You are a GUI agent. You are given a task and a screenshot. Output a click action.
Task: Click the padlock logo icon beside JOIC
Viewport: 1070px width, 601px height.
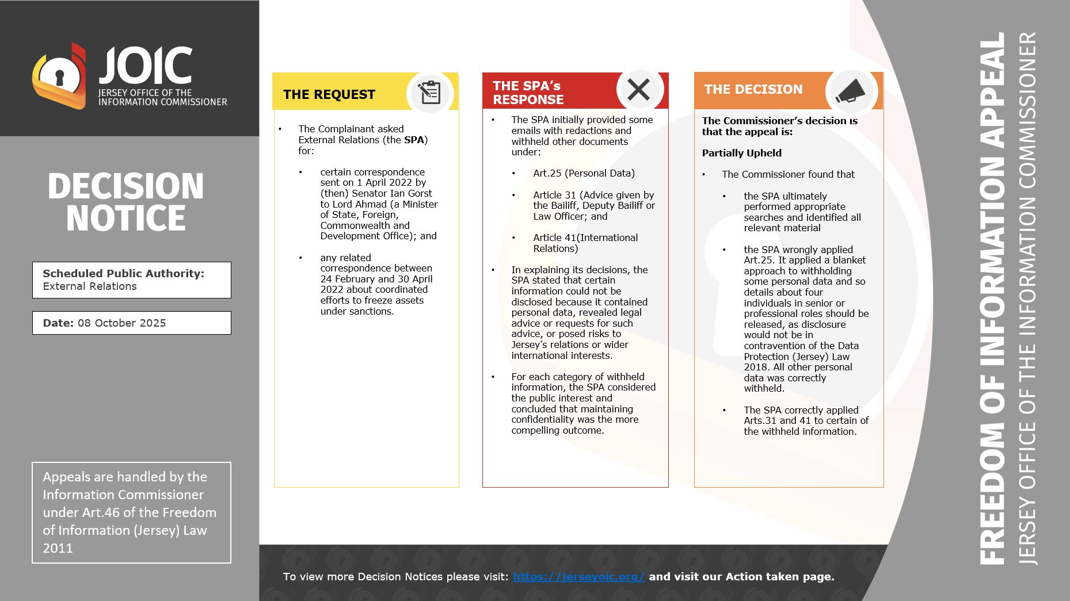tap(59, 76)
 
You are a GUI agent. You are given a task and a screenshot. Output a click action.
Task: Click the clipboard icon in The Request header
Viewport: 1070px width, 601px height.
tap(429, 93)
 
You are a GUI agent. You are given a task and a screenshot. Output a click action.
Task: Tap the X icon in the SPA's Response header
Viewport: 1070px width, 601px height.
tap(638, 90)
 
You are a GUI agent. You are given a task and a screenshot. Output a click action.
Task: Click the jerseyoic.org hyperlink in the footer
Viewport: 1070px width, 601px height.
tap(578, 576)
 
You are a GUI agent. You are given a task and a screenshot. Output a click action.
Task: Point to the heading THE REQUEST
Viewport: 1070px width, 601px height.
tap(329, 94)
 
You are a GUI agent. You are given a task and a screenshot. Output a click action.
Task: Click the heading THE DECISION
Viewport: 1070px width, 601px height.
tap(753, 89)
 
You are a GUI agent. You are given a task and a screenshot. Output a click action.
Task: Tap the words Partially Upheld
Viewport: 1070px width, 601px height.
tap(741, 153)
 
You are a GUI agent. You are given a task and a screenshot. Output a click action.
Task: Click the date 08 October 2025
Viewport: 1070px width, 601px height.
tap(121, 323)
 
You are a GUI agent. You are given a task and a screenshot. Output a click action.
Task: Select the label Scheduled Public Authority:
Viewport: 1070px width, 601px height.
tap(123, 274)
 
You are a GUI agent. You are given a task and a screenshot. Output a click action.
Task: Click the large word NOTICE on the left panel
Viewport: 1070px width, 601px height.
tap(126, 218)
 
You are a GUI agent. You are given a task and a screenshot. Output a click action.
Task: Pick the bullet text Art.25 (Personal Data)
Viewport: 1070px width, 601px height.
tap(584, 173)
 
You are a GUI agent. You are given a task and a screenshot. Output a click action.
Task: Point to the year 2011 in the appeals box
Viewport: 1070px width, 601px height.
tap(58, 548)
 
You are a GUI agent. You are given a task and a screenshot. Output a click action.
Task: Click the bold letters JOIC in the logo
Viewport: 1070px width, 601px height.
tap(146, 66)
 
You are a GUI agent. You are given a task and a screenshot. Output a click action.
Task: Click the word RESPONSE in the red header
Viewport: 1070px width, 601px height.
tap(528, 99)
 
